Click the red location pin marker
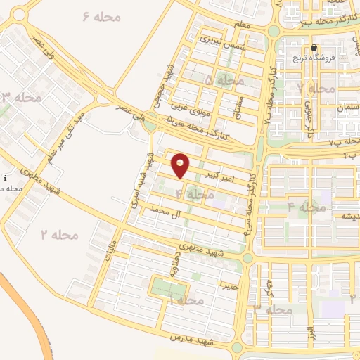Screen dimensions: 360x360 click(x=181, y=165)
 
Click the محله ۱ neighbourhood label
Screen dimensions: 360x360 click(x=186, y=300)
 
